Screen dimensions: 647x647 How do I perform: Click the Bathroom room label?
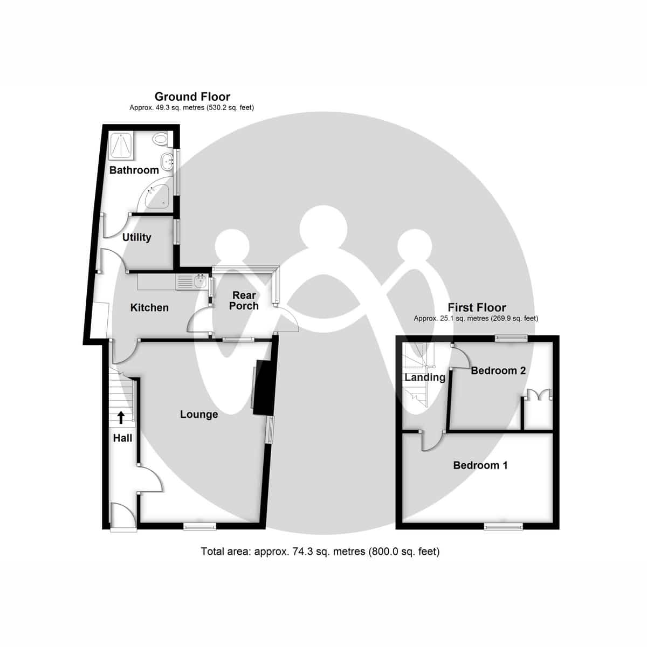[x=134, y=170]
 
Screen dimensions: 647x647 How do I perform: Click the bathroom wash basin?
[x=168, y=159]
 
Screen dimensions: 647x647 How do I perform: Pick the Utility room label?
[x=136, y=237]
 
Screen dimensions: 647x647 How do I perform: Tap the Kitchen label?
[x=149, y=308]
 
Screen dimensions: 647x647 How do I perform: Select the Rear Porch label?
[x=244, y=301]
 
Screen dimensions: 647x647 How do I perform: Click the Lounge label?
[x=199, y=414]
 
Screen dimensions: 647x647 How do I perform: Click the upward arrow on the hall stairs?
[x=120, y=417]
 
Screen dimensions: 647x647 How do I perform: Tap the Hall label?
[x=122, y=438]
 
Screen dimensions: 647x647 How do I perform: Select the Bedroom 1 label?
[x=480, y=465]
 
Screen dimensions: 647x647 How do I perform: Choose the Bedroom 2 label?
[x=498, y=371]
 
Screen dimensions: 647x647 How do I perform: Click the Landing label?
[x=425, y=377]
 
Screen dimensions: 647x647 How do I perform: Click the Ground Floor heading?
[x=192, y=97]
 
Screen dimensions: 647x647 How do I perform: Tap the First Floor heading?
[x=477, y=308]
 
